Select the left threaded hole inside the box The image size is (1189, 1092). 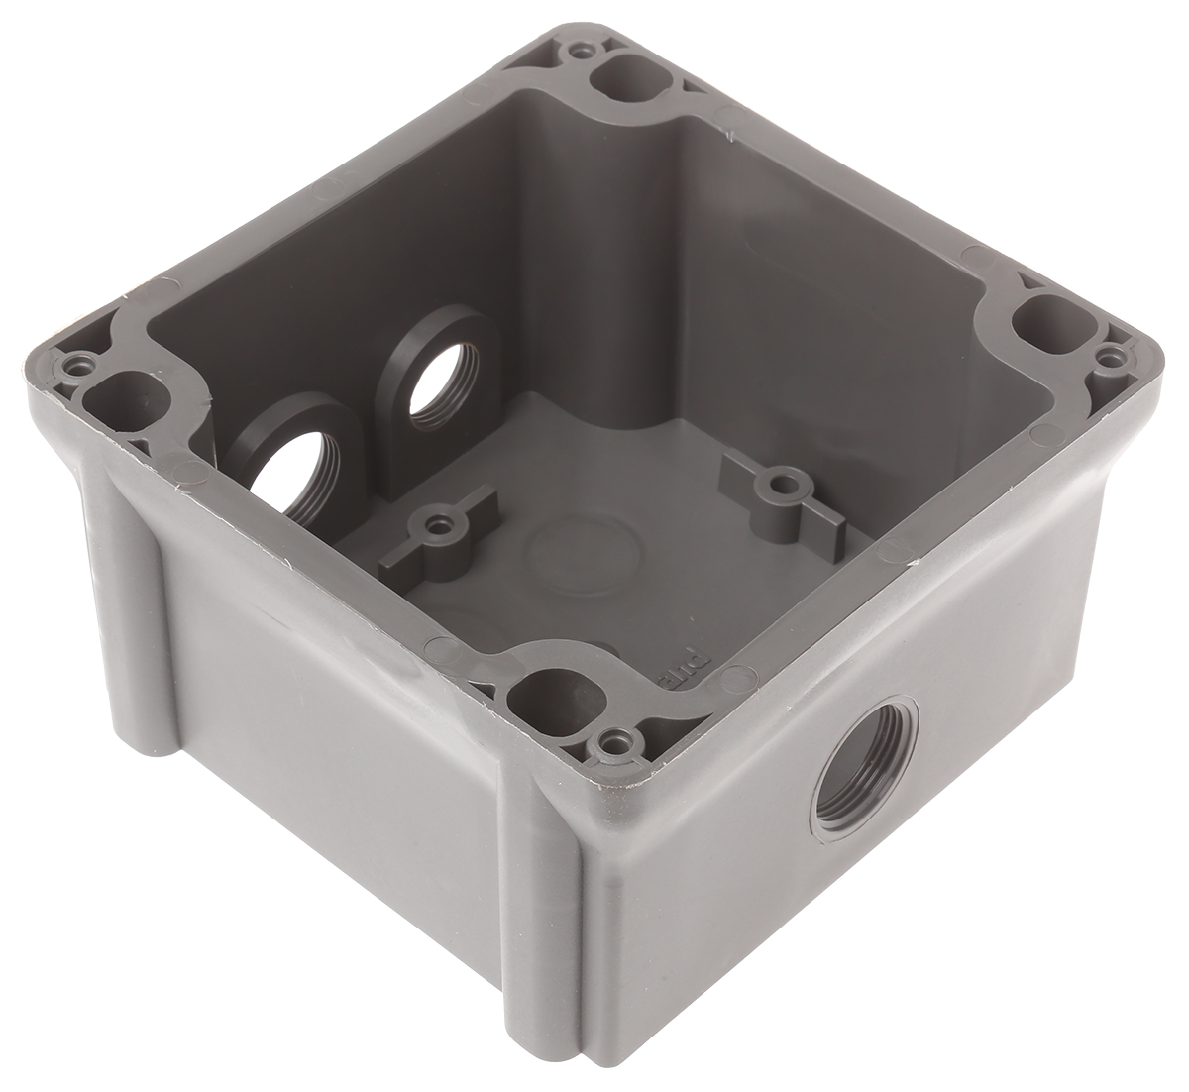(x=291, y=476)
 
